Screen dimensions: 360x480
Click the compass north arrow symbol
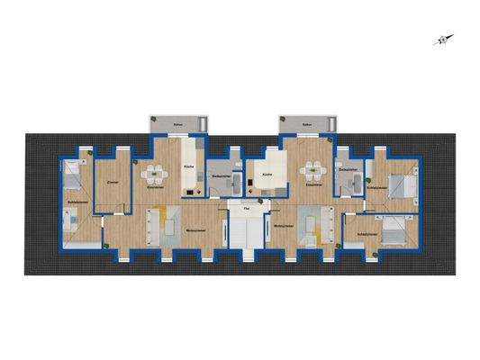pyautogui.click(x=442, y=40)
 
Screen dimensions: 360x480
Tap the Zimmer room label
pyautogui.click(x=113, y=182)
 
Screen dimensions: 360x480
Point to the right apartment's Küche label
pyautogui.click(x=267, y=173)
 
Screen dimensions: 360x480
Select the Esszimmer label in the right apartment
pyautogui.click(x=314, y=185)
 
